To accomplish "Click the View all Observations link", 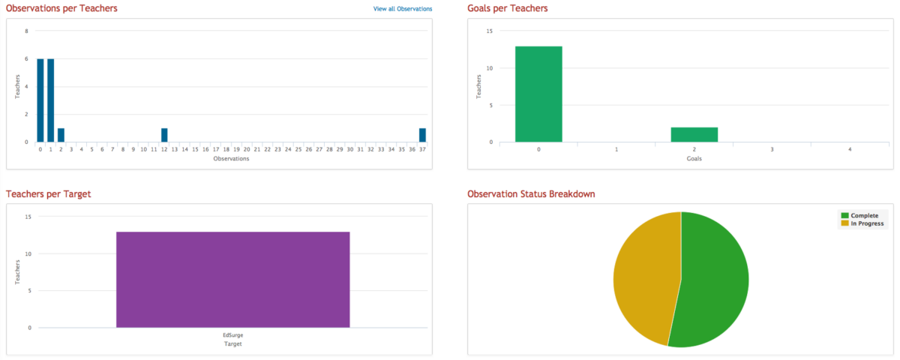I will (x=403, y=9).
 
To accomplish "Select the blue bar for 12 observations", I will (x=164, y=135).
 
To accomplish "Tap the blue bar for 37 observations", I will (x=422, y=135).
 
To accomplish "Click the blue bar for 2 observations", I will (x=61, y=135).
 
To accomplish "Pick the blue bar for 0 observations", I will (x=40, y=100).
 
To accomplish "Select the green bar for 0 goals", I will (x=538, y=94).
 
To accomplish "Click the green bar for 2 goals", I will (x=694, y=134).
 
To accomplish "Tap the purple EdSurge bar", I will (x=232, y=280).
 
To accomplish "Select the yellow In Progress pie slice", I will (x=645, y=277).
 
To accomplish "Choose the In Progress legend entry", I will (x=866, y=223).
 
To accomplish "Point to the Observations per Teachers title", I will (x=61, y=8).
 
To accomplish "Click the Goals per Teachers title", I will (x=507, y=8).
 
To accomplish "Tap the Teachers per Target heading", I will (x=48, y=194).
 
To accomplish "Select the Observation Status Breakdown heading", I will (x=531, y=194).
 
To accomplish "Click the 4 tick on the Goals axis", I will (x=849, y=150).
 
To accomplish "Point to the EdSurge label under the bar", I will (x=233, y=336).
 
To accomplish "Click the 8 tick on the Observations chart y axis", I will (x=27, y=31).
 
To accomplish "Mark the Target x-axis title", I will (x=232, y=344).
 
